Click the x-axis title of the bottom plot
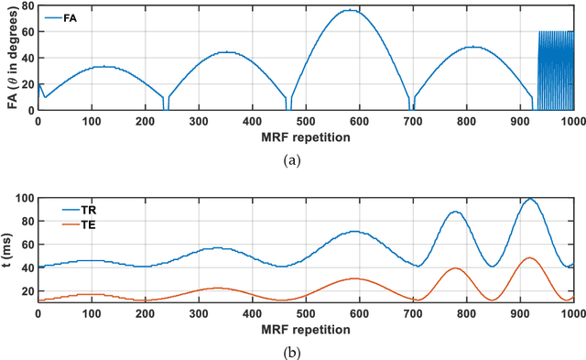305,328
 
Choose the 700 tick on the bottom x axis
412,312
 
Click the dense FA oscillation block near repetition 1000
555,71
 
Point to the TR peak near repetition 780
454,212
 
